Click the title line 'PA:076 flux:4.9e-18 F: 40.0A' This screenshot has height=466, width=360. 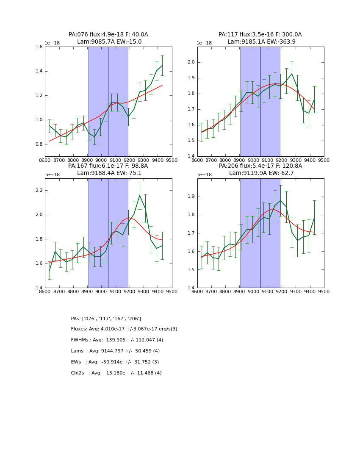108,35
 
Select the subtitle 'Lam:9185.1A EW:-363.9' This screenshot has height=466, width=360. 260,42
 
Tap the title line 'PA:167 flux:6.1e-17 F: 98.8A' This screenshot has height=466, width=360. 108,166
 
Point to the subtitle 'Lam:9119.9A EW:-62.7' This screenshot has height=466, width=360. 260,173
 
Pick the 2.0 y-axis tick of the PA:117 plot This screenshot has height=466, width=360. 191,62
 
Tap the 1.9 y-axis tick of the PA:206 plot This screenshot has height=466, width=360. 191,197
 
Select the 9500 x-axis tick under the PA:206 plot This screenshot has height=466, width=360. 324,291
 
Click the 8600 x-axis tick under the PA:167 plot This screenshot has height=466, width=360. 45,291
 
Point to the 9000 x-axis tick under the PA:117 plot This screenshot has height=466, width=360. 253,160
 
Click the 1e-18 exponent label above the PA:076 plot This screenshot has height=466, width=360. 53,43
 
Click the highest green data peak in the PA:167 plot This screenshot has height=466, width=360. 140,195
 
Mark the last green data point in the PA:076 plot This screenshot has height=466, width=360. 162,65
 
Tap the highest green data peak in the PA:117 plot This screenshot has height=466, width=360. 291,74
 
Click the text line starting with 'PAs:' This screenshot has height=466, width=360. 106,319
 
